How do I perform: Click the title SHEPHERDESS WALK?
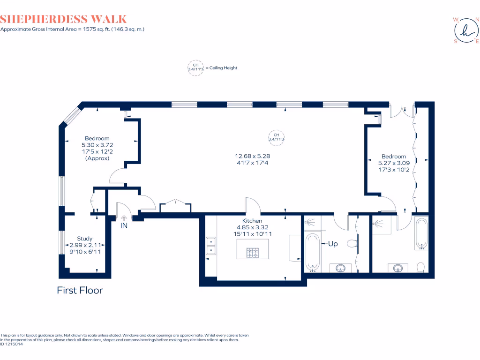coord(64,19)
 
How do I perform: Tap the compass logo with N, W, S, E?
coord(465,30)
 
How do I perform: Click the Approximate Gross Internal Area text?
coord(72,29)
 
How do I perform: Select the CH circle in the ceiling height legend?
coord(195,67)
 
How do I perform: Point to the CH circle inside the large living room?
coord(276,137)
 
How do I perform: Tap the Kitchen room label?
coord(252,221)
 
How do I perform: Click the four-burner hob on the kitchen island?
coord(253,253)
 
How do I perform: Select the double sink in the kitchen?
coord(211,246)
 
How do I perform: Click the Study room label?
coord(84,239)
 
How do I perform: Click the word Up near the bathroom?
coord(332,244)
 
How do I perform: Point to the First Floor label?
coord(80,290)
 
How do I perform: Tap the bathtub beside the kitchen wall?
coord(312,252)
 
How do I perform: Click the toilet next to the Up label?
coord(352,244)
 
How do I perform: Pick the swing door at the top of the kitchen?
coord(252,205)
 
